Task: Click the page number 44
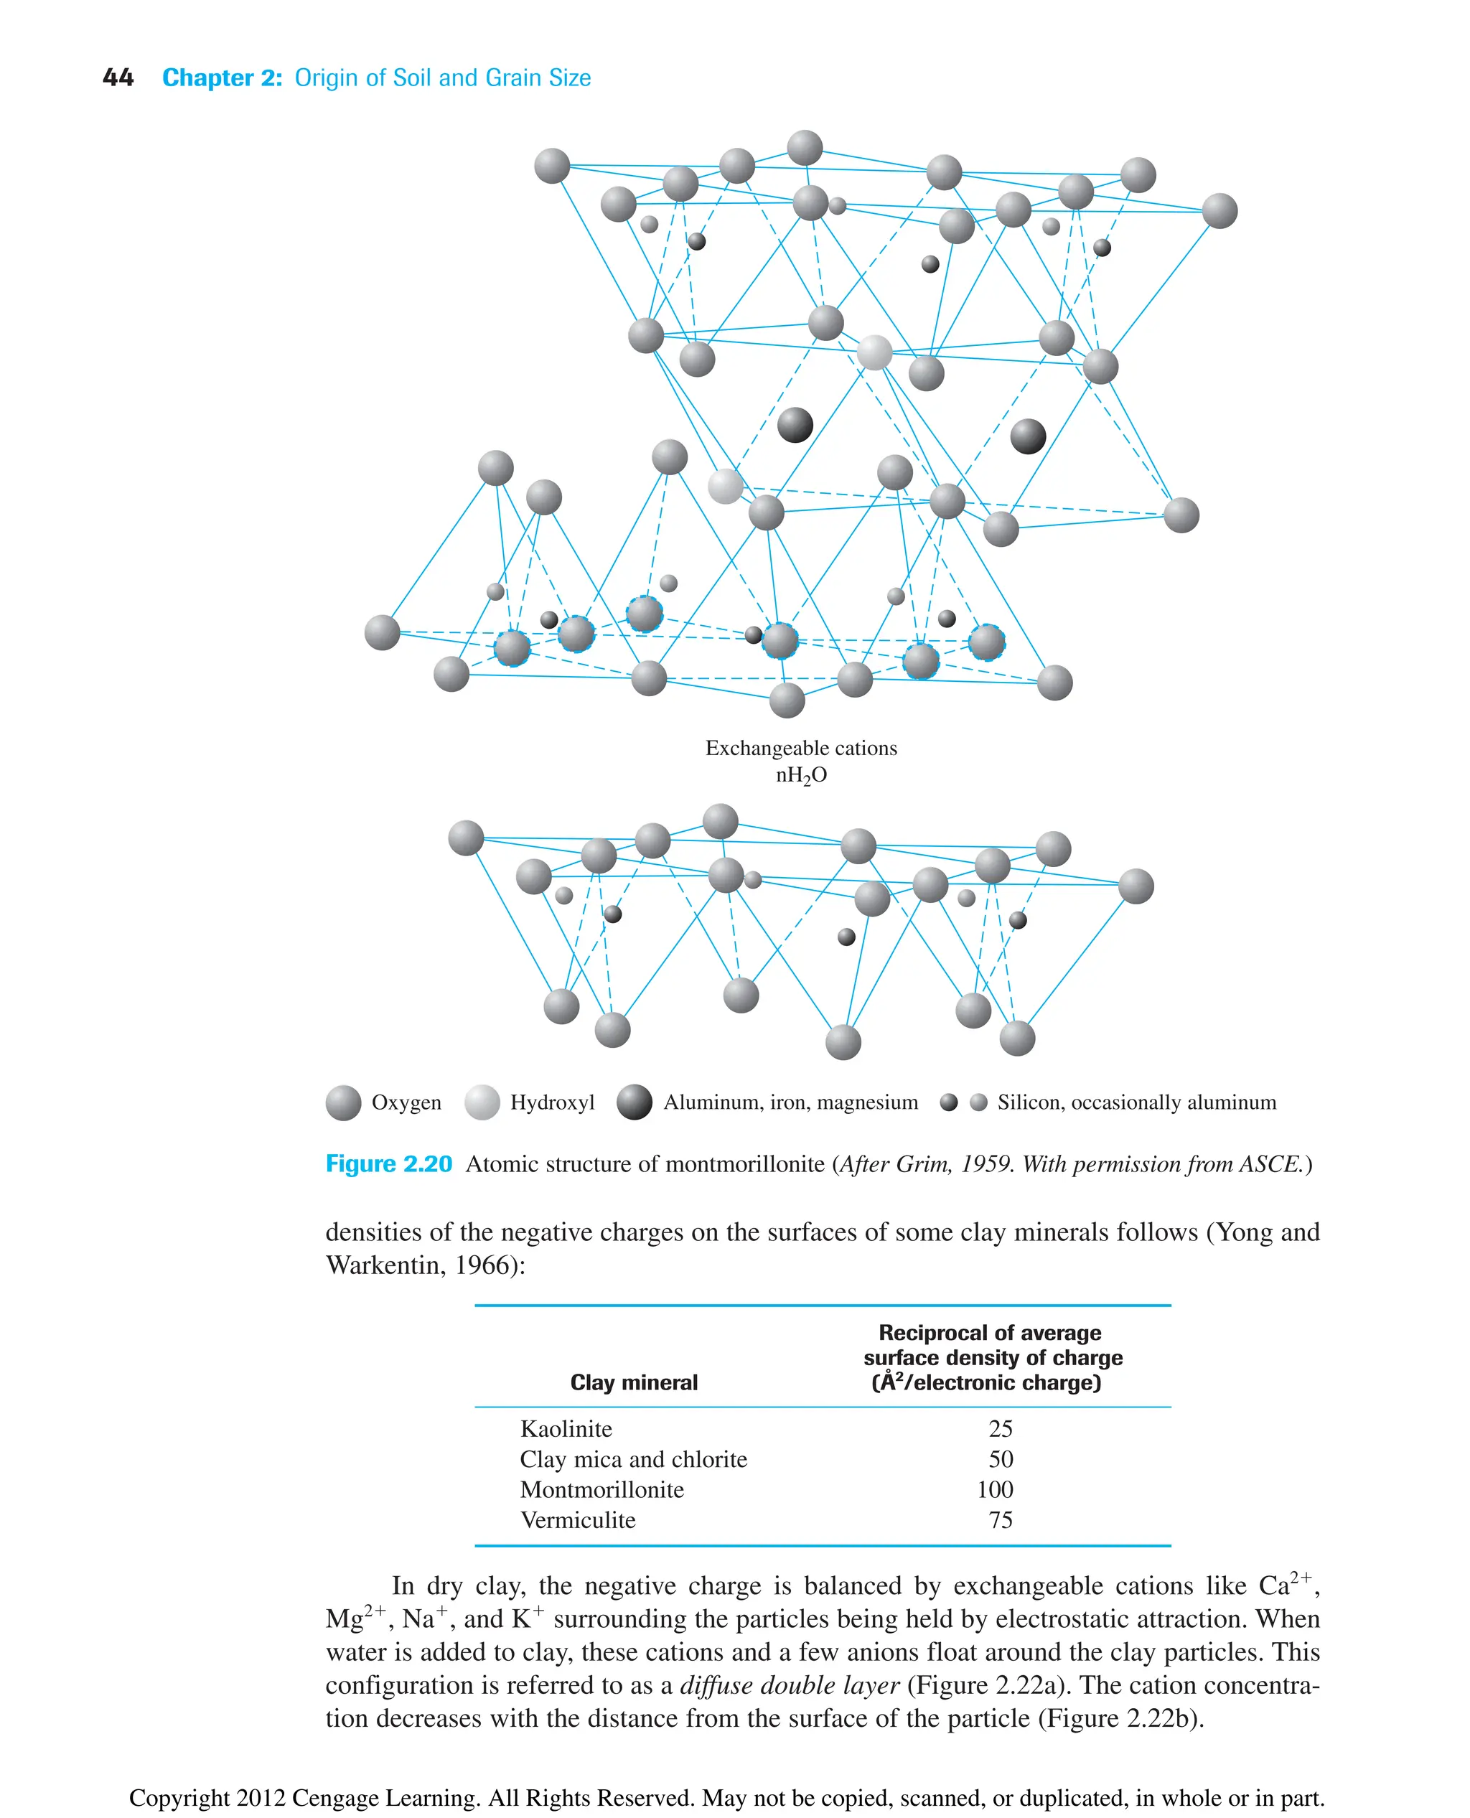[118, 78]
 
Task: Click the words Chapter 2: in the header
[222, 78]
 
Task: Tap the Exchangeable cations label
[800, 748]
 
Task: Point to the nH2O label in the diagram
[800, 775]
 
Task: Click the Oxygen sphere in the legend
[343, 1102]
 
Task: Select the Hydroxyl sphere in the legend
[482, 1102]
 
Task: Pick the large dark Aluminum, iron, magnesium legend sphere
[635, 1102]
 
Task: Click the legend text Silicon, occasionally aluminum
[1136, 1102]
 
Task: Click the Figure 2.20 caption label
[388, 1164]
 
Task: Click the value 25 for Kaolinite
[1000, 1428]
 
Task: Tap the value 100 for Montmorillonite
[995, 1489]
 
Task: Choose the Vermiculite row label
[578, 1520]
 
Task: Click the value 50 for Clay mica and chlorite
[1000, 1459]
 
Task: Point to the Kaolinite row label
[566, 1428]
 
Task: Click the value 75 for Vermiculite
[1000, 1520]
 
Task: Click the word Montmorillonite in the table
[601, 1489]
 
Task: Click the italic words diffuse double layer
[790, 1685]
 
